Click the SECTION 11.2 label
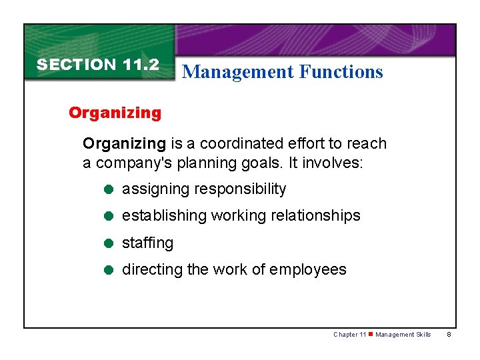tap(98, 65)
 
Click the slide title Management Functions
tap(282, 71)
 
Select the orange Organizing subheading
tap(115, 113)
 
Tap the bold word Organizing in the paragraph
tap(123, 143)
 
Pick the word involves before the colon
tap(333, 163)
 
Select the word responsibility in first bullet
tap(240, 189)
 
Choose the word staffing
tap(147, 243)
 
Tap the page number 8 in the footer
tap(449, 335)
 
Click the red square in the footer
tap(371, 335)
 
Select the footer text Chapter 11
tap(350, 335)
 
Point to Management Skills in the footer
tap(403, 335)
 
